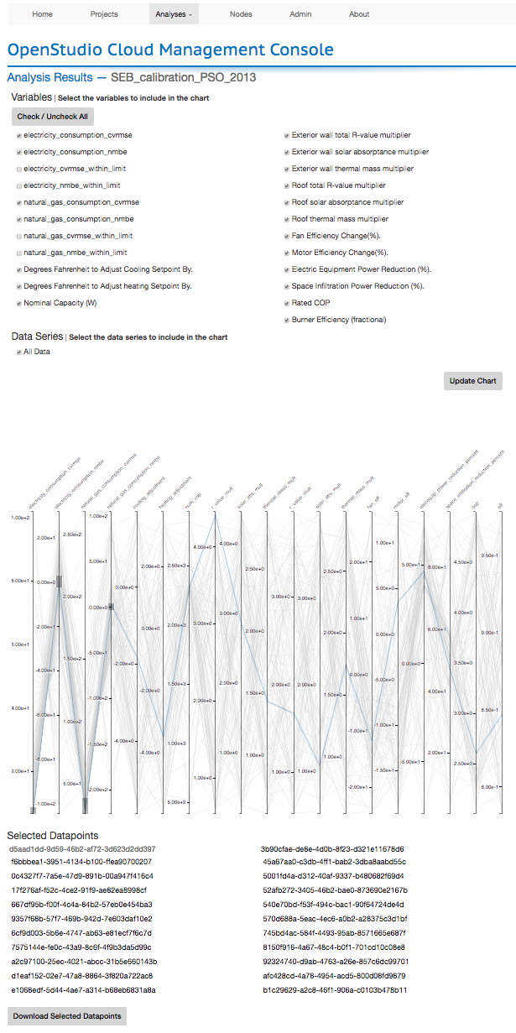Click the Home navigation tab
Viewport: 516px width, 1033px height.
42,14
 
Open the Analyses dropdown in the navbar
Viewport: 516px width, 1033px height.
174,14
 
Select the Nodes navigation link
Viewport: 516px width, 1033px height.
241,14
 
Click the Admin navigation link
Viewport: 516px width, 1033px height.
300,14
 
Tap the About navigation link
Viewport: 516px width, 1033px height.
359,14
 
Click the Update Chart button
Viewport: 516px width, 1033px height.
473,381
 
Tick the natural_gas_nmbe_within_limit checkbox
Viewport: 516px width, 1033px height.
19,253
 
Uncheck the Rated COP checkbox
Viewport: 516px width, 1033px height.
287,303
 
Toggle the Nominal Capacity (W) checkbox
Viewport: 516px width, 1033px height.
19,303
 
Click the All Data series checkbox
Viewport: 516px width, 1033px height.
19,352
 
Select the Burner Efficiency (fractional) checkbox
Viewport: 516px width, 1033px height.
287,320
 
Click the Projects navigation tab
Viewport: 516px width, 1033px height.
104,14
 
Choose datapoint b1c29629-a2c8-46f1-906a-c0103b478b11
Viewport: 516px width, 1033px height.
335,990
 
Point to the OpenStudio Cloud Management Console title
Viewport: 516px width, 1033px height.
170,50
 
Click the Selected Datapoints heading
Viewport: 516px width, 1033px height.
53,836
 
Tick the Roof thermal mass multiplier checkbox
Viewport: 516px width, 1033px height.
287,219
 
